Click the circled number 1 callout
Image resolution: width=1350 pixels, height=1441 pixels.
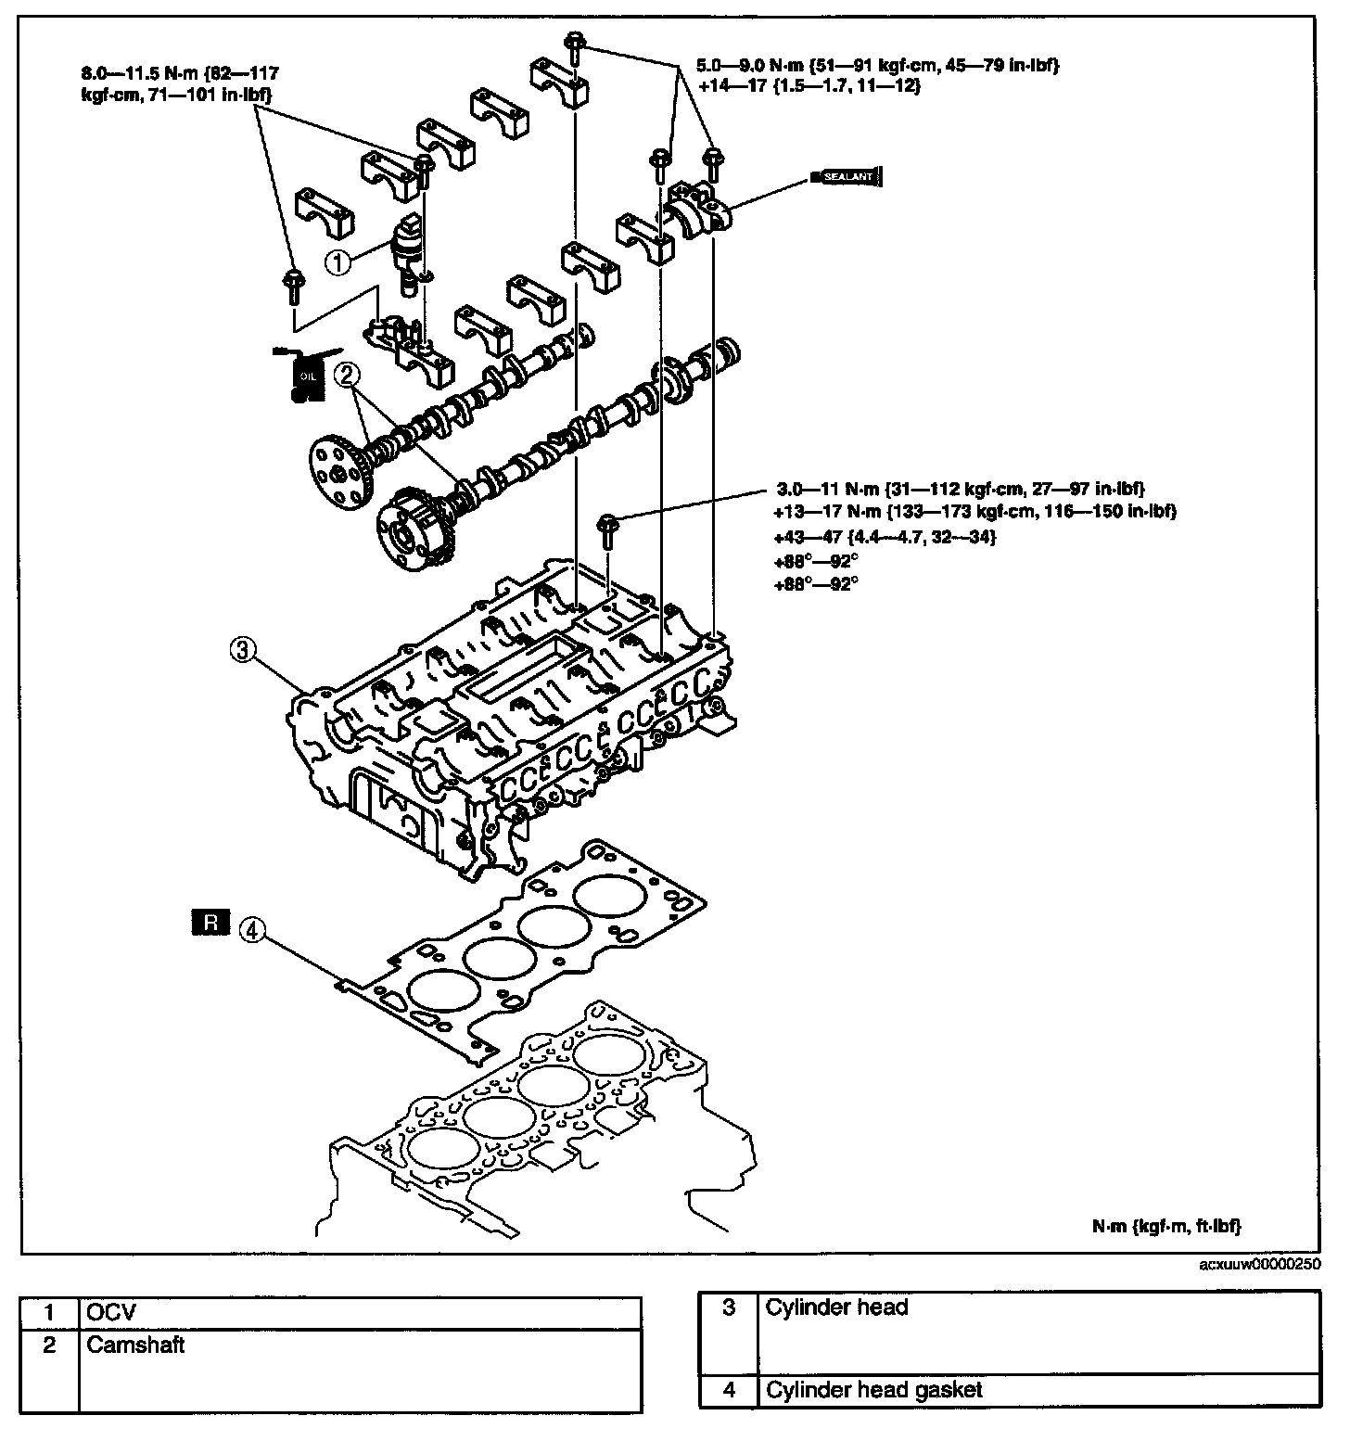[x=337, y=262]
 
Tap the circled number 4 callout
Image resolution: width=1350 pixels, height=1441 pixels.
[x=250, y=929]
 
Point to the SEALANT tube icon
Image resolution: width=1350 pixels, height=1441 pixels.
[x=845, y=176]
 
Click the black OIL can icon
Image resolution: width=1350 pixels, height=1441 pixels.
[x=304, y=376]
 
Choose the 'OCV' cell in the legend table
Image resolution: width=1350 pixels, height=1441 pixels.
[x=361, y=1313]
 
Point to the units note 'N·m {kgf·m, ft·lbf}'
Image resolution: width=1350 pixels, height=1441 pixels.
[x=1165, y=1226]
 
